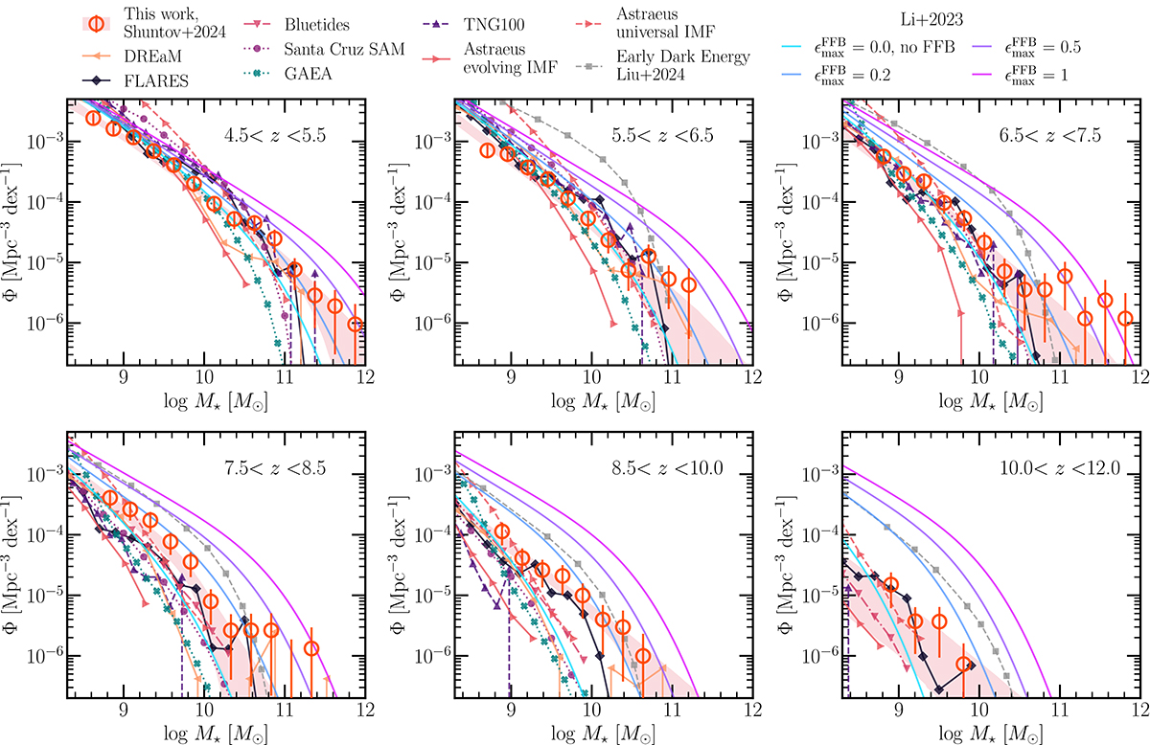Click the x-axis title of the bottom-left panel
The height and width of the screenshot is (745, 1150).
click(x=215, y=733)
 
